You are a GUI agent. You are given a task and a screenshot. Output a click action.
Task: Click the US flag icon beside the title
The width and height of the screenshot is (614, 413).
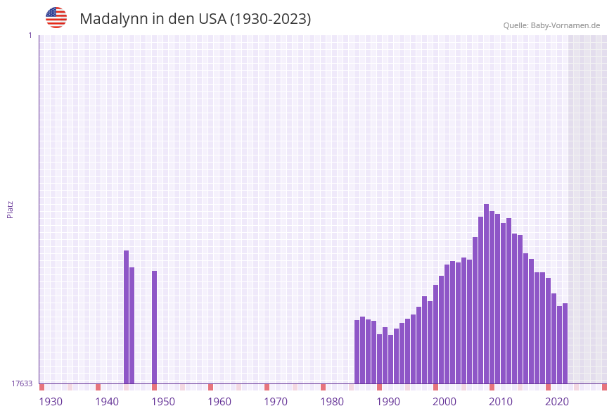[56, 18]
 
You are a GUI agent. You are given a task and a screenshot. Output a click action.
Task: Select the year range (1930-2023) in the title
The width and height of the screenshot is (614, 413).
[271, 19]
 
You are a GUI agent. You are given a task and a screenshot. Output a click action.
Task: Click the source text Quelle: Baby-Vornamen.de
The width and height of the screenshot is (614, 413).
[551, 25]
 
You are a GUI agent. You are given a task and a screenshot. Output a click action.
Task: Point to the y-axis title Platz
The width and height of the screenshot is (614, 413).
[11, 209]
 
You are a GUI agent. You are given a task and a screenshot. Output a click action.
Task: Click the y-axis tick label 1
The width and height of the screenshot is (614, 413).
[30, 35]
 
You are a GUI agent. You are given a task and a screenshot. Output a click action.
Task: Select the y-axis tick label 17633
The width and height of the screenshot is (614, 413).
[22, 383]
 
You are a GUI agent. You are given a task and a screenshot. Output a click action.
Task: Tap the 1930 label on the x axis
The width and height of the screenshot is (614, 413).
[51, 402]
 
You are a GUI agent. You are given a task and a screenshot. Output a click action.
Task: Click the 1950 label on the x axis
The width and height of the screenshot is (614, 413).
[163, 402]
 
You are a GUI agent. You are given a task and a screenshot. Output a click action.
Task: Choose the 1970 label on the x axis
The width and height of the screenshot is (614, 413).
[276, 402]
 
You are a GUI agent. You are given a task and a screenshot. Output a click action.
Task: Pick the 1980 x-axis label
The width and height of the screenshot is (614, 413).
[332, 402]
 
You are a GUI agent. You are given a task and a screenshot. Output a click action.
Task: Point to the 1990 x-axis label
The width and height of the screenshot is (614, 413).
[388, 402]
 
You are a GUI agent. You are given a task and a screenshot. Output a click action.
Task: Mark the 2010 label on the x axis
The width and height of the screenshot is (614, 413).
[501, 402]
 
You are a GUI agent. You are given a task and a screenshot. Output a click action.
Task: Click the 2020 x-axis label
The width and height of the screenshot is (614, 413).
[557, 402]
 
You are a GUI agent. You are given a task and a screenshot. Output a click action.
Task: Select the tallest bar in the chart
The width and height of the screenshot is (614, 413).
[486, 294]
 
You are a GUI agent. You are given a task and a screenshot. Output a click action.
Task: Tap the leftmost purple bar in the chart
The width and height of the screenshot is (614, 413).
[126, 317]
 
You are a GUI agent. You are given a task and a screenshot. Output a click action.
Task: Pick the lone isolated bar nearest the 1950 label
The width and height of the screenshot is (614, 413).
[154, 327]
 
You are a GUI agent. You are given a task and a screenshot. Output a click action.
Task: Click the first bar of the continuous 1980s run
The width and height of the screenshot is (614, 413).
[357, 352]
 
